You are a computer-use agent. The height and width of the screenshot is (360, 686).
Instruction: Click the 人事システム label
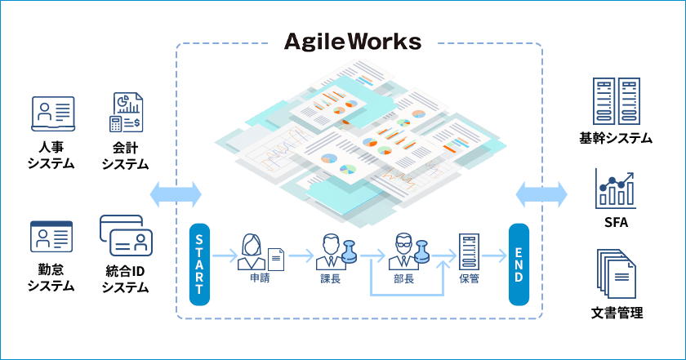tap(51, 155)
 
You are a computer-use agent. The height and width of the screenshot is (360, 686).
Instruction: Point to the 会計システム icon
tap(126, 113)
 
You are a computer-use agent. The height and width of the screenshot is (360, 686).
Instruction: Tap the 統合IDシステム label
tap(126, 278)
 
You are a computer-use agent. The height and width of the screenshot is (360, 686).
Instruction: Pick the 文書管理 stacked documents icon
tap(616, 274)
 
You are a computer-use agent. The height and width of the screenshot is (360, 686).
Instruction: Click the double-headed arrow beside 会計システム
tap(176, 194)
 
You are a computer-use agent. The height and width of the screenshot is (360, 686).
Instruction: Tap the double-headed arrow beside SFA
tap(542, 194)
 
